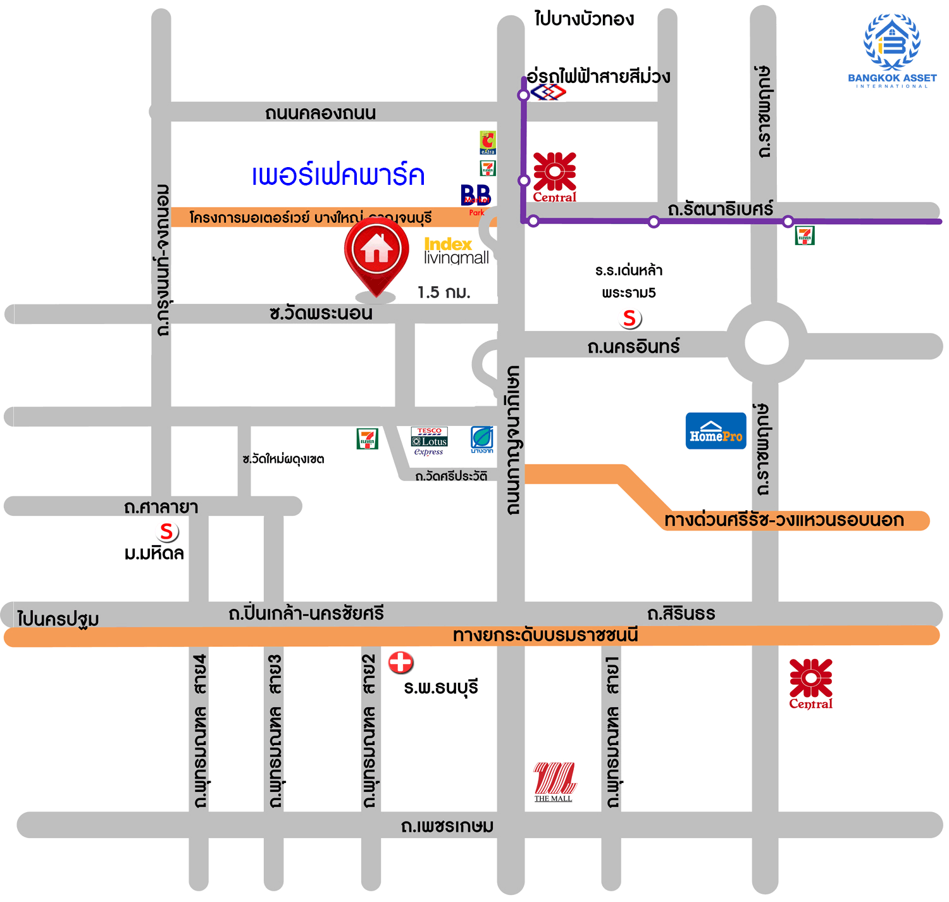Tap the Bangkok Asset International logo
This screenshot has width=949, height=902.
coord(892,51)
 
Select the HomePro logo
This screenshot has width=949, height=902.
coord(716,431)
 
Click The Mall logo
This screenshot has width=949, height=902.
coord(554,782)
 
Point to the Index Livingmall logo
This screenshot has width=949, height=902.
coord(456,251)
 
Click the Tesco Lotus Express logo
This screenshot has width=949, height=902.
coord(429,441)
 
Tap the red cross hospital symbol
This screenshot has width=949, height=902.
coord(400,662)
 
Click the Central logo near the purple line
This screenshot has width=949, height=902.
coord(554,177)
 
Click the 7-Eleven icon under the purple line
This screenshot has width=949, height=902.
coord(804,235)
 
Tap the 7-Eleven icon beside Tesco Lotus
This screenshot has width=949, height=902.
coord(367,439)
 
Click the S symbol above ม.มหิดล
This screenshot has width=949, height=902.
coord(167,532)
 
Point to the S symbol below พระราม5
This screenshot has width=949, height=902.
coord(630,318)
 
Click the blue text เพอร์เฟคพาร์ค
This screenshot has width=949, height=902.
coord(338,176)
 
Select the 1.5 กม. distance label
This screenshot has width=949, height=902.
coord(443,292)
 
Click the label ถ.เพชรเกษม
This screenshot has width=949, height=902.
coord(447,826)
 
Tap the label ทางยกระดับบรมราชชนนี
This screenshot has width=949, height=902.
coord(545,636)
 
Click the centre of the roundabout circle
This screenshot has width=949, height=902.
coord(766,342)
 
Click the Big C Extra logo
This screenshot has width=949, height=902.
coord(487,142)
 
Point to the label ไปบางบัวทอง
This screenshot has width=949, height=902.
coord(583,19)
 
